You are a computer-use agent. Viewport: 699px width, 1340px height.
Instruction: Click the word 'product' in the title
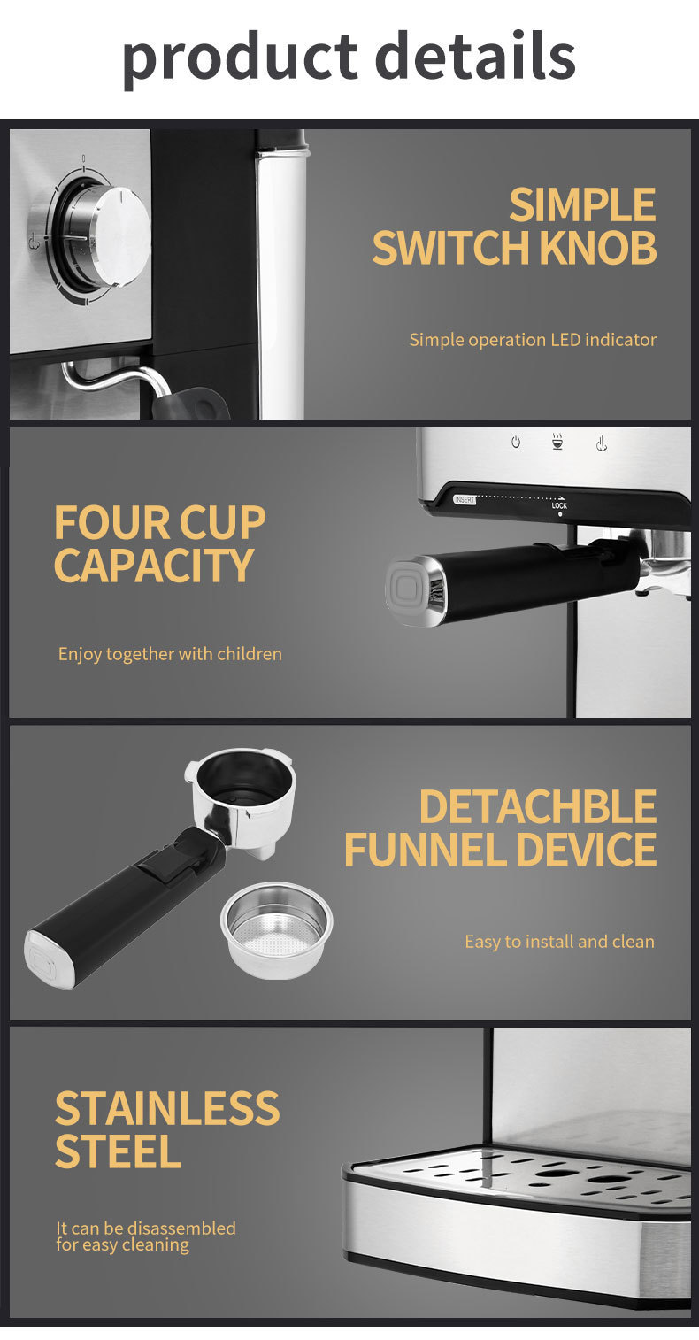pyautogui.click(x=240, y=58)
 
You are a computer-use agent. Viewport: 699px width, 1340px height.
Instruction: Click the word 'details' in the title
pyautogui.click(x=475, y=54)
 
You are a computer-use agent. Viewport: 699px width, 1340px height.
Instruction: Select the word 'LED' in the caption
pyautogui.click(x=565, y=340)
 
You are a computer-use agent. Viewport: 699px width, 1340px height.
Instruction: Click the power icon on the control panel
pyautogui.click(x=516, y=442)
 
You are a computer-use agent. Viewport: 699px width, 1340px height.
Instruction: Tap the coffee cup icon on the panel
pyautogui.click(x=557, y=441)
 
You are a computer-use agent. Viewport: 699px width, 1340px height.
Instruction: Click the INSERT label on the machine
pyautogui.click(x=465, y=499)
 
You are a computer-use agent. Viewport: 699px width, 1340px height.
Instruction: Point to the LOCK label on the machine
pyautogui.click(x=560, y=505)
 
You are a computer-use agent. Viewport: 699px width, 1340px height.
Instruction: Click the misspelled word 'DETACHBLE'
pyautogui.click(x=538, y=807)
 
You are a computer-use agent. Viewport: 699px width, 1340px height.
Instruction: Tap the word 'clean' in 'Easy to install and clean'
pyautogui.click(x=634, y=942)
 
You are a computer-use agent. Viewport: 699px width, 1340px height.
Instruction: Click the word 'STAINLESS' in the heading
pyautogui.click(x=167, y=1108)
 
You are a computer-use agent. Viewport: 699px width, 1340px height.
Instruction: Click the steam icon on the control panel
pyautogui.click(x=602, y=443)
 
